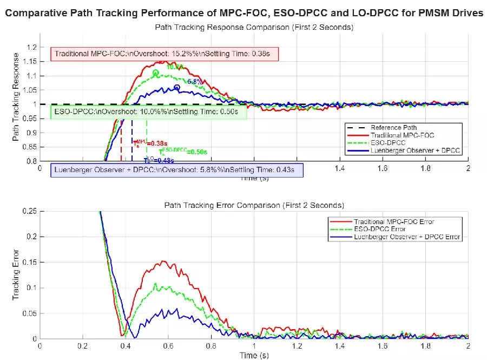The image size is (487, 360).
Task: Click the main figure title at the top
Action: point(243,14)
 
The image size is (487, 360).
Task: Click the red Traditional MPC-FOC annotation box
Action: point(165,54)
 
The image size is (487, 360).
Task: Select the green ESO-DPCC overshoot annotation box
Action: point(148,113)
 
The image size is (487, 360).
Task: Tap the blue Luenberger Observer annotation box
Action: point(176,170)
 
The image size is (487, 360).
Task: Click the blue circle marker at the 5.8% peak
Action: point(177,88)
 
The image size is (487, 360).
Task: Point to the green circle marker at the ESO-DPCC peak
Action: point(156,73)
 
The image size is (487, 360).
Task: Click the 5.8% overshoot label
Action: point(194,82)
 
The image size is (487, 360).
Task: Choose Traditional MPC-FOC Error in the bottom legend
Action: point(394,221)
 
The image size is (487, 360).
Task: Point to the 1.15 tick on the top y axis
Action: point(30,62)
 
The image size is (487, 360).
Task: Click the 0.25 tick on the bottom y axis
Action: point(30,211)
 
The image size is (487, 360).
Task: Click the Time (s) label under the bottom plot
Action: point(254,355)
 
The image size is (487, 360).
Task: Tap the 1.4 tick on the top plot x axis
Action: point(340,168)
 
